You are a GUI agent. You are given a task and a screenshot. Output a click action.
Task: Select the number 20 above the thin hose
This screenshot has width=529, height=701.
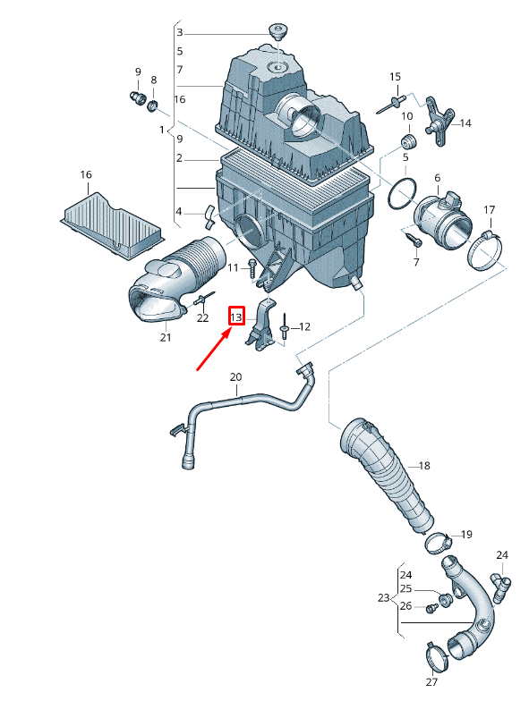click(236, 377)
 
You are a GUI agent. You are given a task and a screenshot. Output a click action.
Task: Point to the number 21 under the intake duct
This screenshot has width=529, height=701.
click(166, 337)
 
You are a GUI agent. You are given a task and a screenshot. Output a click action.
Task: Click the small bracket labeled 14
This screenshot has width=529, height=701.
click(438, 121)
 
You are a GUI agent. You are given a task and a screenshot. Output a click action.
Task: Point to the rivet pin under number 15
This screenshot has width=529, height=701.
click(390, 104)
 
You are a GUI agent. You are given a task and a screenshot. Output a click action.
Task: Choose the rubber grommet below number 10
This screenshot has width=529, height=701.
click(408, 140)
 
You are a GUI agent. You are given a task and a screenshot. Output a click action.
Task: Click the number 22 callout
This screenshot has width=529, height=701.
click(202, 318)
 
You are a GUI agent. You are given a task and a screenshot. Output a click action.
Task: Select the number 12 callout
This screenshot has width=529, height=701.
click(304, 327)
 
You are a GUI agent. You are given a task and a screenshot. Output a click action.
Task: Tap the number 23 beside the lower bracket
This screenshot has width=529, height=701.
click(383, 597)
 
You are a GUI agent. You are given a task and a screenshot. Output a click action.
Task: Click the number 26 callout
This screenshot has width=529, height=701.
click(406, 606)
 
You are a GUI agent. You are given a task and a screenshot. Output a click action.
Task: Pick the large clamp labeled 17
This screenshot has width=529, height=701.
click(485, 249)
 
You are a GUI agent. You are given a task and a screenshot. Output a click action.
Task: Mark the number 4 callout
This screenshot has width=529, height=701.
click(179, 211)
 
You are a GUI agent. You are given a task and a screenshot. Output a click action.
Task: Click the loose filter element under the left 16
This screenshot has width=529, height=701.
click(111, 225)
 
